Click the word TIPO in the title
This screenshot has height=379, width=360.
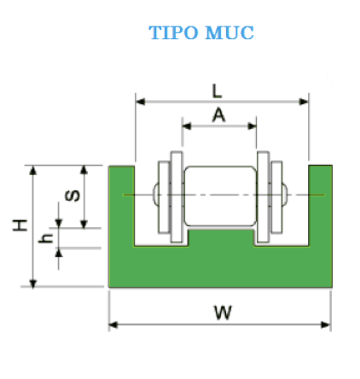[173, 32]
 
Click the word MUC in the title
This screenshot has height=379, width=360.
[229, 32]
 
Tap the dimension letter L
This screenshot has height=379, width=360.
[217, 91]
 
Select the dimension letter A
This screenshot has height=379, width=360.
[218, 116]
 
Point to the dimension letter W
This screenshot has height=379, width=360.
[223, 312]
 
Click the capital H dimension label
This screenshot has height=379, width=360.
[20, 225]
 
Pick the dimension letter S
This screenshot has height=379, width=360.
[73, 195]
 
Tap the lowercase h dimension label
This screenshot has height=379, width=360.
[46, 238]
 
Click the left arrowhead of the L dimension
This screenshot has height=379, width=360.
[140, 102]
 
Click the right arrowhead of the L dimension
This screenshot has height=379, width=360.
[304, 102]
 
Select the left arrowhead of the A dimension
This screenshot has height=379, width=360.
[187, 126]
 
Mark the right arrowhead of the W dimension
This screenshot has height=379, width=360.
[326, 324]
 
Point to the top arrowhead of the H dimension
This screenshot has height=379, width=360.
[33, 170]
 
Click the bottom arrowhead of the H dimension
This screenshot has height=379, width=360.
[33, 283]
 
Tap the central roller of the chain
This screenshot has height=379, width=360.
[220, 196]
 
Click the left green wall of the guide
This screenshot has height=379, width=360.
[121, 206]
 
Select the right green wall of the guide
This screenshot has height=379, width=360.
[321, 206]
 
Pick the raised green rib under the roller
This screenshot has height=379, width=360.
[221, 237]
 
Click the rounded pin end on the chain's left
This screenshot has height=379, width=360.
[156, 194]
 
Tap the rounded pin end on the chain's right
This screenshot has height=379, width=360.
[285, 194]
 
